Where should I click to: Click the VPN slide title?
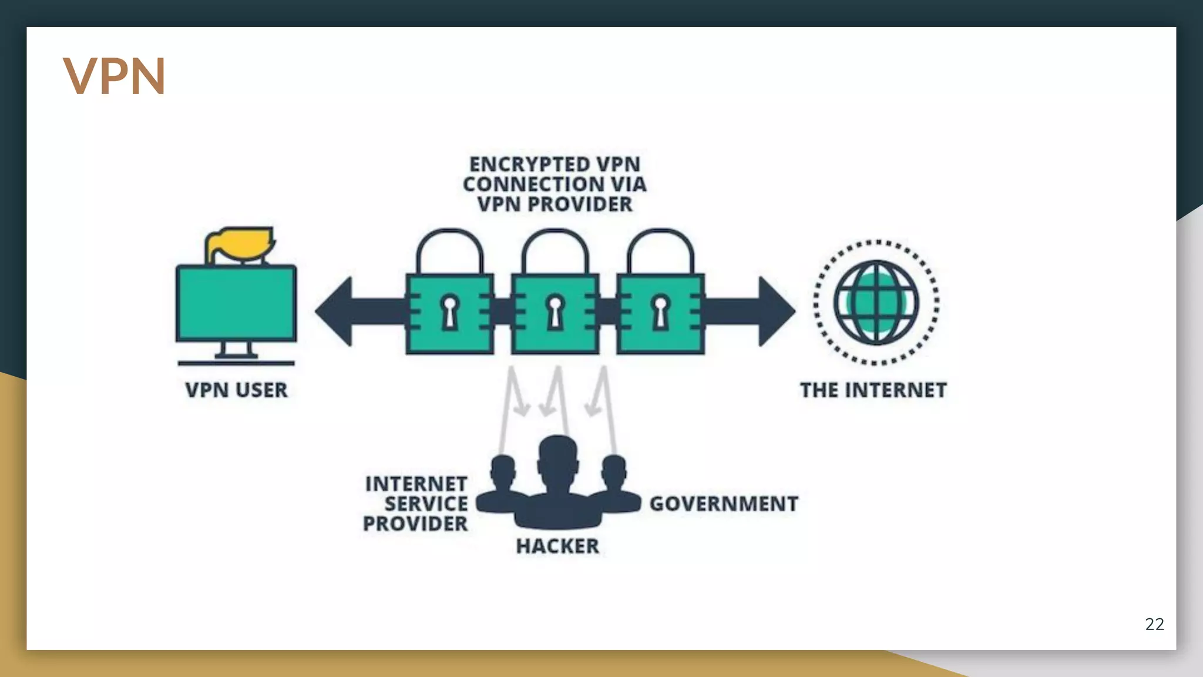pos(114,76)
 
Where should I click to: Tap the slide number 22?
pos(1154,624)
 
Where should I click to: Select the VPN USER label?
pos(236,390)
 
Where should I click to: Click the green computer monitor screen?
pos(236,303)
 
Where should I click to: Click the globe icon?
pos(876,303)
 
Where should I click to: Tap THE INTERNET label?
pos(873,390)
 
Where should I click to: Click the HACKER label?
pos(557,547)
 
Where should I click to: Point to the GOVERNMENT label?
pos(724,504)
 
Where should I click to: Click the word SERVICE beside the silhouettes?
pos(426,504)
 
